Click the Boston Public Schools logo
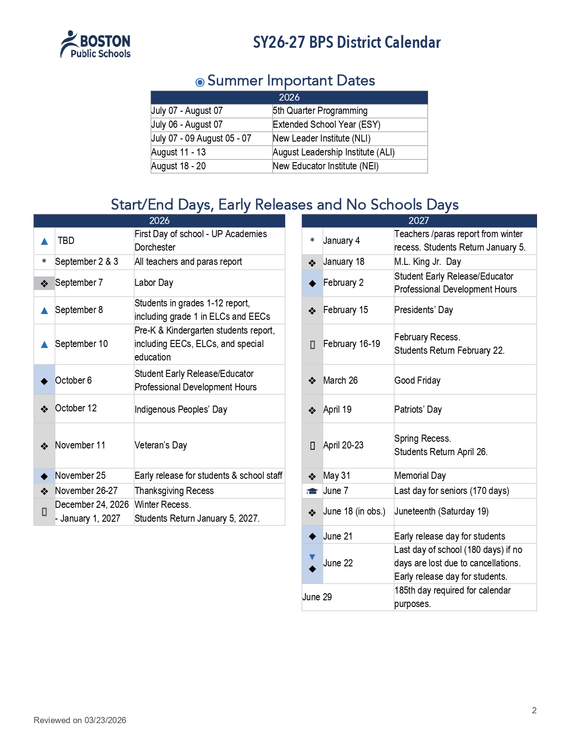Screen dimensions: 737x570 coord(96,45)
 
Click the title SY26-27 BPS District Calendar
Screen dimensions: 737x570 coord(346,42)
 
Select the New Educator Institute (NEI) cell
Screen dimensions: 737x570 coord(325,166)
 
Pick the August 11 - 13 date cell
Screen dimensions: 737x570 coord(179,152)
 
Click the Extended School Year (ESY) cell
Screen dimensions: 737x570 coord(326,125)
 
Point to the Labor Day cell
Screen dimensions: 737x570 coord(154,283)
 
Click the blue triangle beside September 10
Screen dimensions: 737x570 coord(44,344)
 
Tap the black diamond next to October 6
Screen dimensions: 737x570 coord(44,381)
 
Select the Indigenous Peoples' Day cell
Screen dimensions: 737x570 coord(181,409)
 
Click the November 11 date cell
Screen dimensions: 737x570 coord(80,445)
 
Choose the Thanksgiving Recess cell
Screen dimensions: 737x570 coord(174,491)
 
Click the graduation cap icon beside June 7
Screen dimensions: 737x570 coord(312,491)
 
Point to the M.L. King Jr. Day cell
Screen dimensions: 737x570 coord(427,262)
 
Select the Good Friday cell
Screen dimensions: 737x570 coord(417,381)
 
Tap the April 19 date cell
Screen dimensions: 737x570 coord(338,410)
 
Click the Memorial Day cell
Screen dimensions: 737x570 coord(420,476)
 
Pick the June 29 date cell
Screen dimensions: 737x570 coord(317,597)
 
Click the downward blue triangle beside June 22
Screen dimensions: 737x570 coord(312,557)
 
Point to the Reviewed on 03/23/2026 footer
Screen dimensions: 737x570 coord(80,720)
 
